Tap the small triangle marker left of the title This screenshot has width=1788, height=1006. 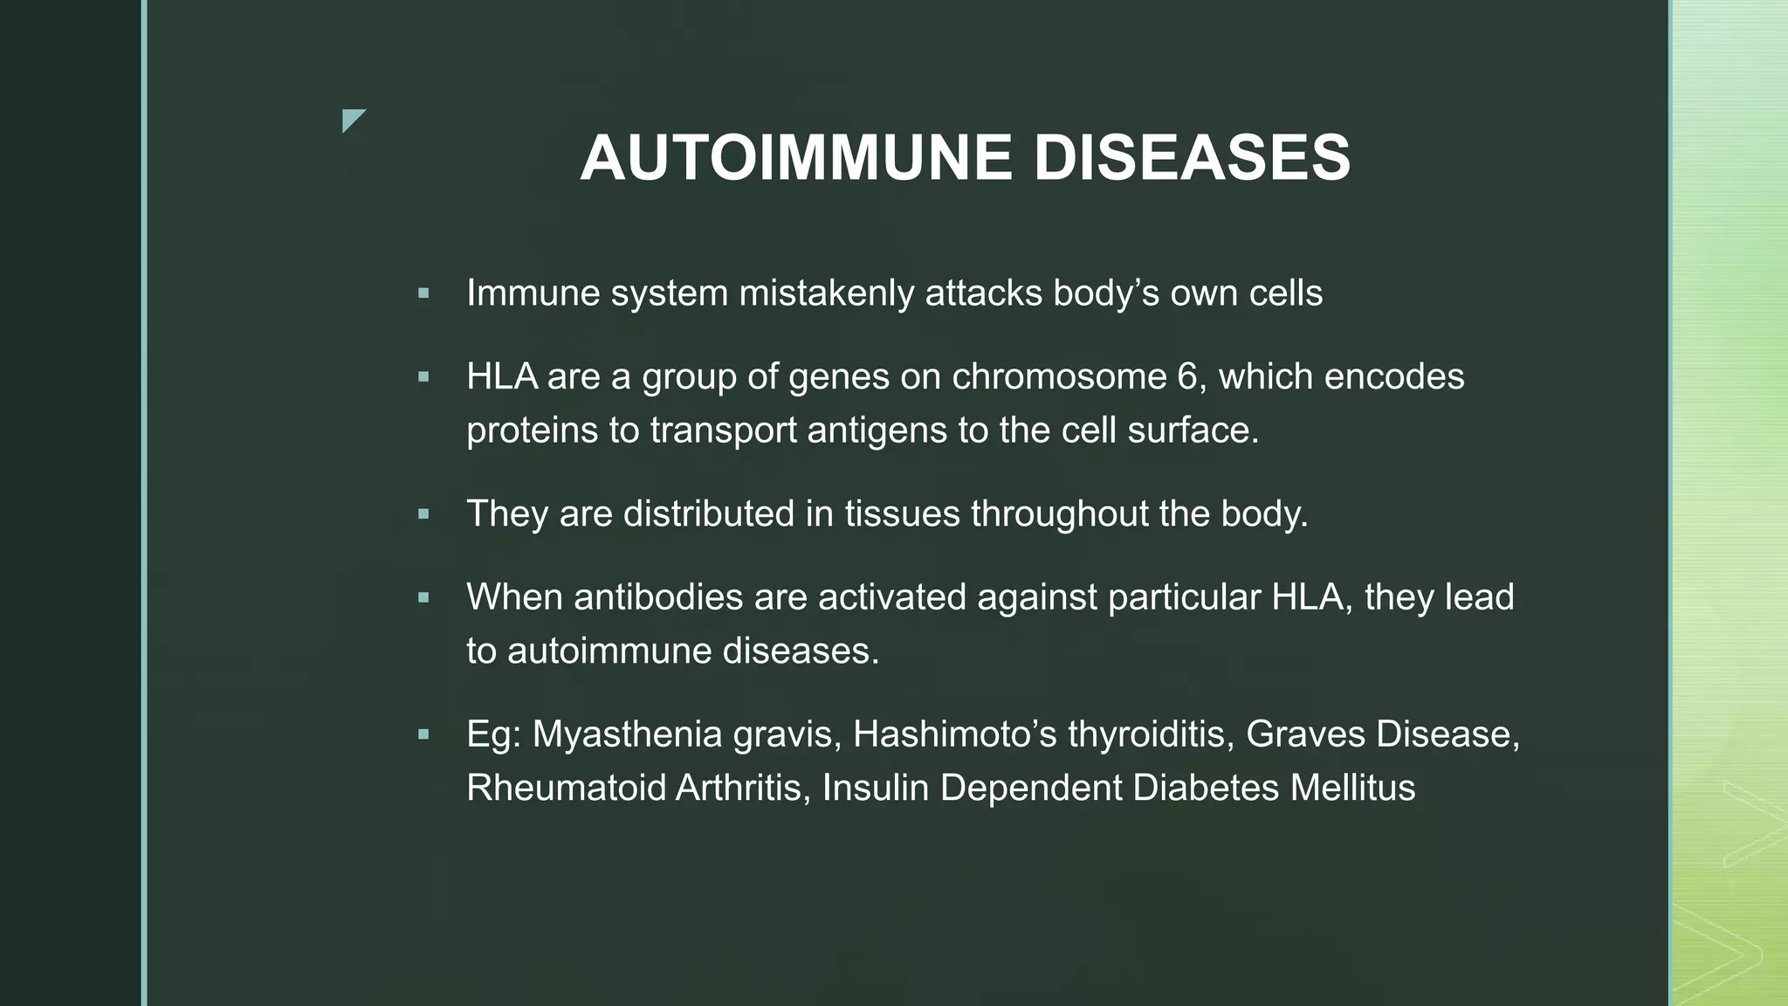point(352,120)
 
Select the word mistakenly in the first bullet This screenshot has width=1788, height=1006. point(827,293)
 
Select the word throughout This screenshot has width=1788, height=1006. point(1059,513)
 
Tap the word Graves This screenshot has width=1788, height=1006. point(1305,734)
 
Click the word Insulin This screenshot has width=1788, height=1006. point(875,788)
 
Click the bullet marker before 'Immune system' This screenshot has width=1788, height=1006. point(423,294)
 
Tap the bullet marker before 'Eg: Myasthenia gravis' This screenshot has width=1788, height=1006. point(423,735)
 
